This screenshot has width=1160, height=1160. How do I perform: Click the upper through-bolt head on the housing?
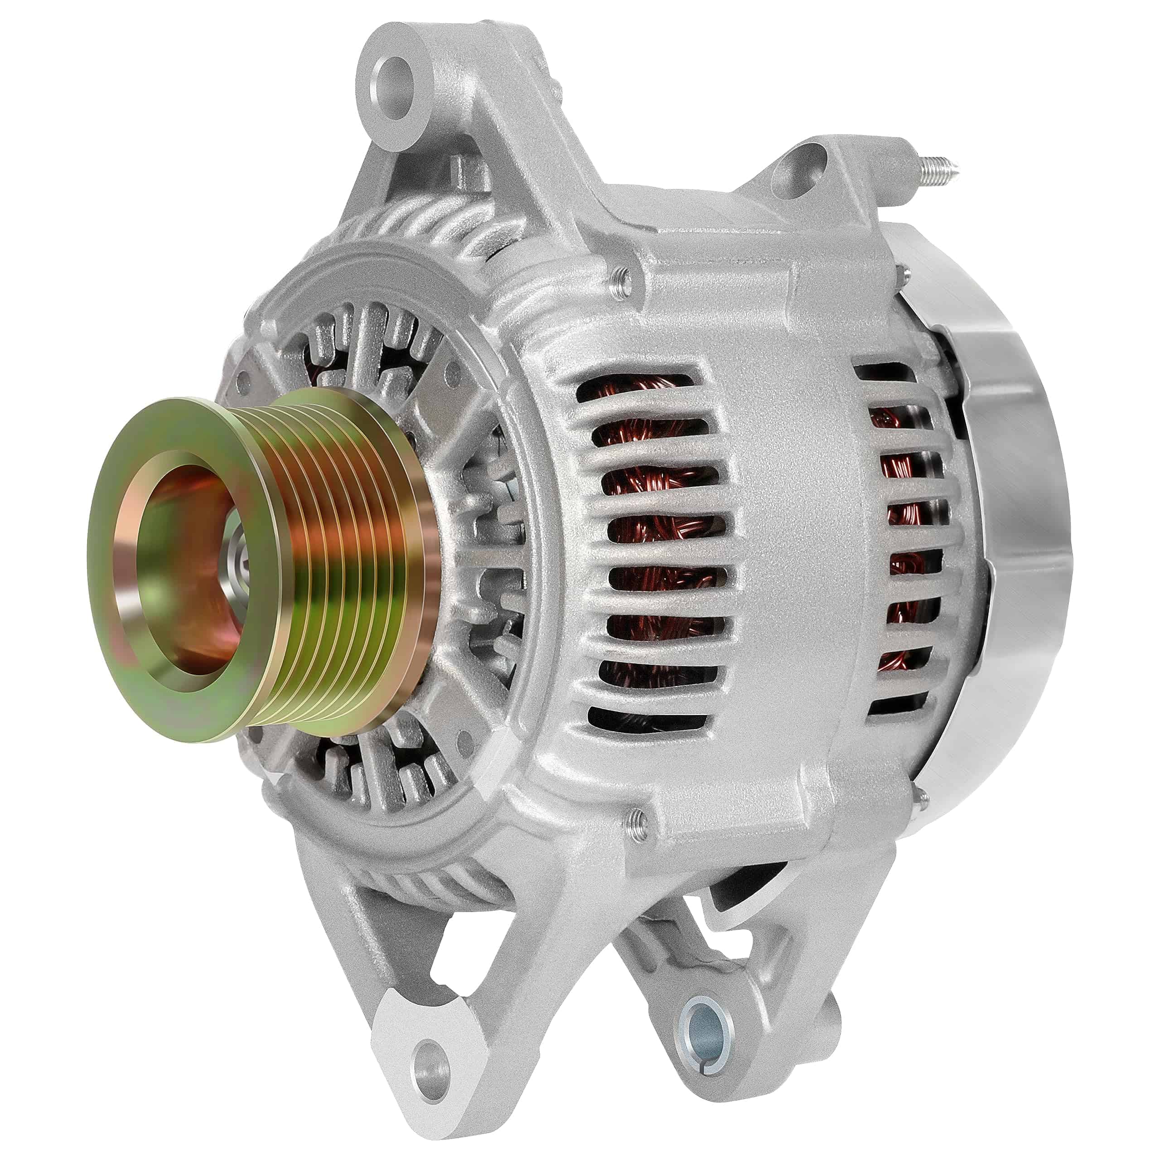[622, 275]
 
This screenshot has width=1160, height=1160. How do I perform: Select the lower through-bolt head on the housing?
[637, 815]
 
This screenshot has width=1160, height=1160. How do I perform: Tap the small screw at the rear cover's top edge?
[907, 274]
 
